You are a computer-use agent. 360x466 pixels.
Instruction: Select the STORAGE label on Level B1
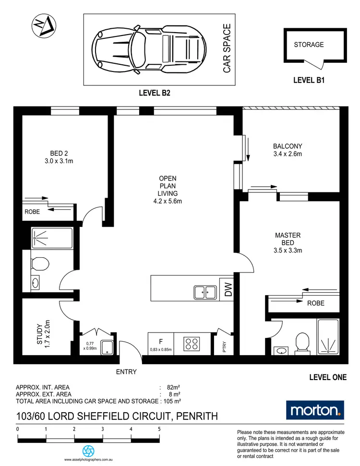(x=309, y=45)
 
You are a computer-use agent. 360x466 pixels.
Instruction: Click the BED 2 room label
(x=55, y=158)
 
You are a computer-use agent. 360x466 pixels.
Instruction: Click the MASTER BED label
(x=288, y=242)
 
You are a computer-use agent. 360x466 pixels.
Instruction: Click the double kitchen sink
(x=205, y=291)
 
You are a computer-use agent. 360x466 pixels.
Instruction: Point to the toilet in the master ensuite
(x=302, y=342)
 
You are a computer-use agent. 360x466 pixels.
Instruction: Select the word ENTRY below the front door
(x=126, y=372)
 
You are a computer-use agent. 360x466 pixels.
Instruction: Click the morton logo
(x=314, y=409)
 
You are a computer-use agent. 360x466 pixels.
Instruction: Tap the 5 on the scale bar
(x=159, y=429)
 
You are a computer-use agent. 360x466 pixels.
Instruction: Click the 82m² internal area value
(x=173, y=387)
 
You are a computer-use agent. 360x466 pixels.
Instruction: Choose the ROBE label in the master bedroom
(x=316, y=303)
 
